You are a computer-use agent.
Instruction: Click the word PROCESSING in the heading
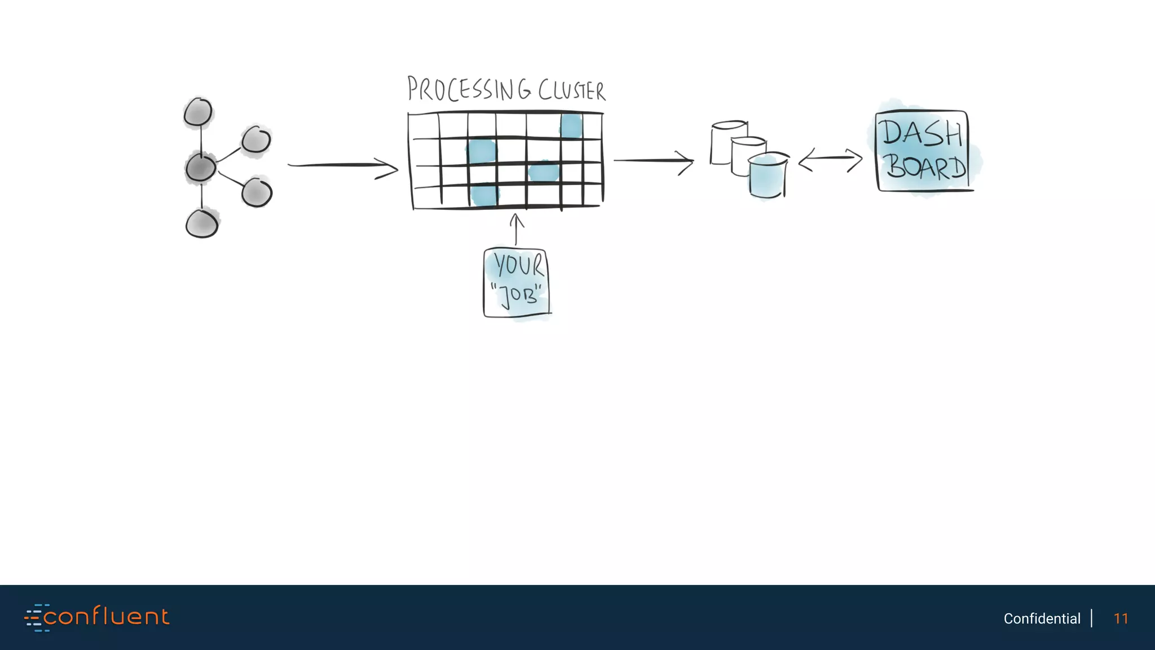(x=469, y=90)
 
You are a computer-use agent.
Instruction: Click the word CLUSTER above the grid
(x=571, y=91)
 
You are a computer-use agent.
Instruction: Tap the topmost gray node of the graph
(x=198, y=112)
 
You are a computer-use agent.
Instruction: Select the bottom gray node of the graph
(x=202, y=224)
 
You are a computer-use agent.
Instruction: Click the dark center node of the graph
(x=200, y=168)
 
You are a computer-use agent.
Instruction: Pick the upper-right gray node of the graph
(x=256, y=139)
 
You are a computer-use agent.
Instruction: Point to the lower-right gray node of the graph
(x=257, y=192)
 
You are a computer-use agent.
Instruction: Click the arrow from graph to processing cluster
(x=342, y=166)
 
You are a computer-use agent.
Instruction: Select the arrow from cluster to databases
(x=654, y=161)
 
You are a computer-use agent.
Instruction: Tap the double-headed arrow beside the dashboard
(x=830, y=160)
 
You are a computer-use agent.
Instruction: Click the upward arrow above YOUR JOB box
(x=516, y=229)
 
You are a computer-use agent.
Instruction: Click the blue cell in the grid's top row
(x=571, y=126)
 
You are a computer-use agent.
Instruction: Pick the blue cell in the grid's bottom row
(x=483, y=196)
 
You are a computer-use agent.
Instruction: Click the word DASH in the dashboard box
(x=922, y=133)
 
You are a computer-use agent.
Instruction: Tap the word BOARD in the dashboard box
(x=924, y=167)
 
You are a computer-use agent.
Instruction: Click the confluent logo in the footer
(x=96, y=617)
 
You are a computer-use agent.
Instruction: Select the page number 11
(x=1121, y=618)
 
